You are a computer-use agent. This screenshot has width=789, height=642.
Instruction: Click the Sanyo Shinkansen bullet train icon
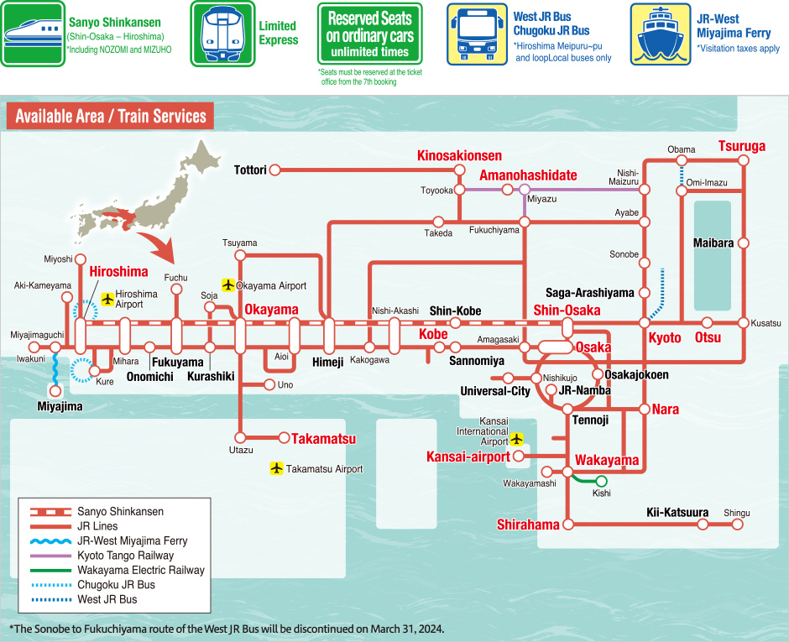(x=33, y=34)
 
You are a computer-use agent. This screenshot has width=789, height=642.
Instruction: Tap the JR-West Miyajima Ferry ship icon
(x=660, y=34)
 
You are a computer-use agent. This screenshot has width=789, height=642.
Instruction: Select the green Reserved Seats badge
(x=369, y=34)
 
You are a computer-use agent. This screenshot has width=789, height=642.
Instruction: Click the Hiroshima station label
(x=118, y=272)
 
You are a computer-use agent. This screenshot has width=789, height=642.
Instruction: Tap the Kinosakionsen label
(x=459, y=156)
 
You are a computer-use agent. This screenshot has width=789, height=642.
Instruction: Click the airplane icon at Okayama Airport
(x=227, y=285)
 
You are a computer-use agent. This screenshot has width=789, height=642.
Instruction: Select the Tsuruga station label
(x=742, y=146)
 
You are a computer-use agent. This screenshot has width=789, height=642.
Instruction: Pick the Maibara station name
(x=713, y=243)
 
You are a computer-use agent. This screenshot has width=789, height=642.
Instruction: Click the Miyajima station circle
(x=55, y=390)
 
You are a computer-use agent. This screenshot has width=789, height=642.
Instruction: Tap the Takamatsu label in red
(x=323, y=438)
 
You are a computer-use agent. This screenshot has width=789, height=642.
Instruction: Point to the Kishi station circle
(x=601, y=481)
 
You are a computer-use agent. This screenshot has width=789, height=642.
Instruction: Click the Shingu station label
(x=736, y=513)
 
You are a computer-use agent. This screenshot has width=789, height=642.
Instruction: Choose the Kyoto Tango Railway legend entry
(x=125, y=556)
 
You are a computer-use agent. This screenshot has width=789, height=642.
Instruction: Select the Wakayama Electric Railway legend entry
(x=140, y=570)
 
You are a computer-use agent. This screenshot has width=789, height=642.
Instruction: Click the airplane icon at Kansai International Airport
(x=517, y=438)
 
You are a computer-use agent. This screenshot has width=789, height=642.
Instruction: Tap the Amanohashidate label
(x=528, y=175)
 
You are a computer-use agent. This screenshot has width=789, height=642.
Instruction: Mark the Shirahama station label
(x=528, y=525)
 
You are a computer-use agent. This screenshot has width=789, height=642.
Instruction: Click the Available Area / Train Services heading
(x=110, y=116)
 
